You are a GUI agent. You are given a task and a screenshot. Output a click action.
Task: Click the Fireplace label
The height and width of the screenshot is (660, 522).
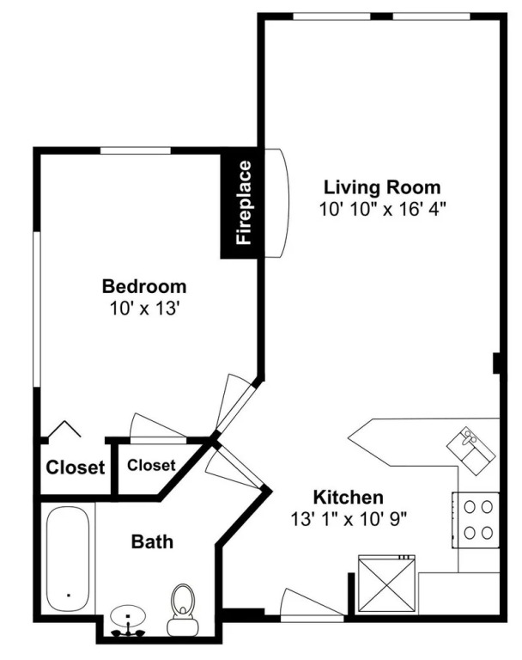coord(245,203)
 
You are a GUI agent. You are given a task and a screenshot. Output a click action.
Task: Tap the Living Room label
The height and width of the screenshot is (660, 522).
coord(382,187)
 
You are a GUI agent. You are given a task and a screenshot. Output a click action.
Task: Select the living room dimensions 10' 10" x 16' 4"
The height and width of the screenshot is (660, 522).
coord(382,209)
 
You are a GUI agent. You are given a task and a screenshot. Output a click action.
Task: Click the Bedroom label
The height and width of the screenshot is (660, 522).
coord(144,286)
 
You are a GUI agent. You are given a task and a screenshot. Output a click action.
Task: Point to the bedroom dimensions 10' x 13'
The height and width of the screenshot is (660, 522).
coord(145,309)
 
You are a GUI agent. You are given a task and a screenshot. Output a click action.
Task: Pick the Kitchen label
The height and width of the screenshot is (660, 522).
coord(349,498)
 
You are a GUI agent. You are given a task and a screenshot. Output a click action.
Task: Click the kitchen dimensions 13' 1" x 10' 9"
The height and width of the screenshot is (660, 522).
coord(349,519)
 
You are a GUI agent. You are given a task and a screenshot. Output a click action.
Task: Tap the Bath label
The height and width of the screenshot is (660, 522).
coord(152,541)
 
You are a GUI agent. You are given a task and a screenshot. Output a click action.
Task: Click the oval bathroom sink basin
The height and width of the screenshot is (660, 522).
coord(128,616)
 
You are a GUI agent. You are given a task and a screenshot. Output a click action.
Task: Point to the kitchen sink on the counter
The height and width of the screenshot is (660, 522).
coord(471,451)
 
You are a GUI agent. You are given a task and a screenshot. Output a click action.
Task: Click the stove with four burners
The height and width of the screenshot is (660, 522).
coord(476,520)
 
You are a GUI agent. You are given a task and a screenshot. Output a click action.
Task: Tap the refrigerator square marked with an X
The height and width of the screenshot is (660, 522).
coord(386,584)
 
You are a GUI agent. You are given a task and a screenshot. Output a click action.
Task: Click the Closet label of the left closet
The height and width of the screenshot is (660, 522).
coord(76,467)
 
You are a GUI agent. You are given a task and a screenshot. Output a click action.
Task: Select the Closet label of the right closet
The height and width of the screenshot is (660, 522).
coord(151,465)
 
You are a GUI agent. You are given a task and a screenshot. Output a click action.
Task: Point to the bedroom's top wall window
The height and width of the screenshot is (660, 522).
coord(136,150)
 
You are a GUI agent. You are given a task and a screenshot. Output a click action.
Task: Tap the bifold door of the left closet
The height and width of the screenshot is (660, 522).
coord(64,429)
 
